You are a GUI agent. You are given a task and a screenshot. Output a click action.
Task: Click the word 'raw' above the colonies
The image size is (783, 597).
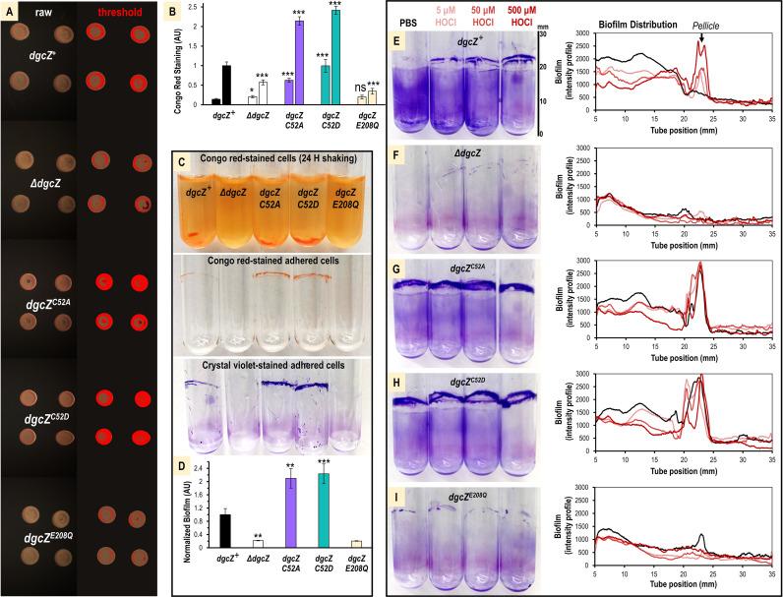coord(45,16)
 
